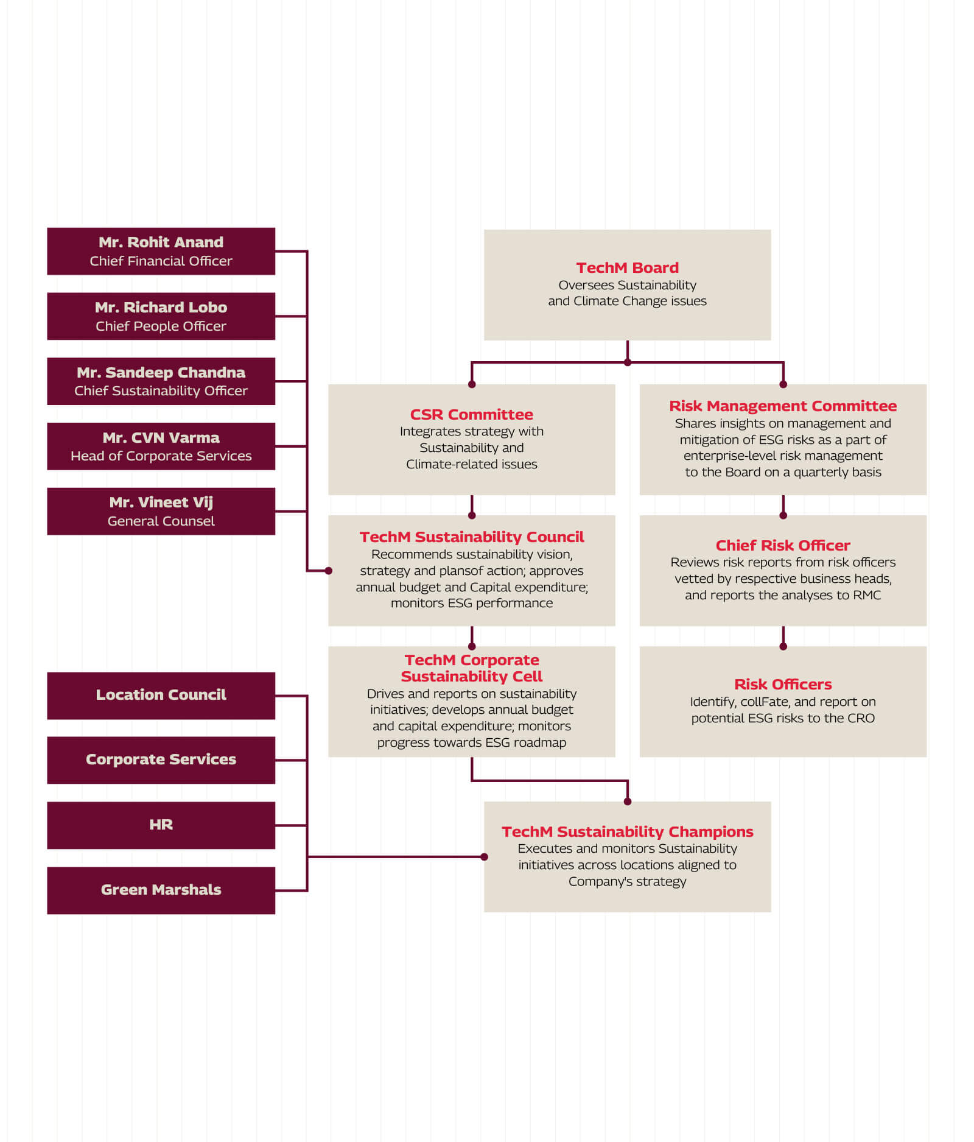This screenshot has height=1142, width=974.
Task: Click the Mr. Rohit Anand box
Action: pyautogui.click(x=161, y=251)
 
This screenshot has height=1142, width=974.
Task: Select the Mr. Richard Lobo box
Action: pyautogui.click(x=161, y=316)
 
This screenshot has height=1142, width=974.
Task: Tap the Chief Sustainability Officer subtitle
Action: pyautogui.click(x=161, y=390)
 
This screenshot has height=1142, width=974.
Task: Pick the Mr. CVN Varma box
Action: pyautogui.click(x=161, y=446)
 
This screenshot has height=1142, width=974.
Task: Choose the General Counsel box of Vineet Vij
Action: pyautogui.click(x=161, y=511)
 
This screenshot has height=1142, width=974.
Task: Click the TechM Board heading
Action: pyautogui.click(x=627, y=267)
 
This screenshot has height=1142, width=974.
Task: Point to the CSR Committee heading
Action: pyautogui.click(x=471, y=414)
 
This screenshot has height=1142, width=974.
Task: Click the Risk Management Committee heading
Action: pyautogui.click(x=783, y=406)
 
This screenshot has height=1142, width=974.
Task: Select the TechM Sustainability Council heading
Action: pyautogui.click(x=471, y=537)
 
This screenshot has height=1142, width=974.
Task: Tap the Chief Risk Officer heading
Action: pyautogui.click(x=783, y=545)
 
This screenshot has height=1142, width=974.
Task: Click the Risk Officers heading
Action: pyautogui.click(x=783, y=684)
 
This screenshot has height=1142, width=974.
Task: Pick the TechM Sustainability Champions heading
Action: pyautogui.click(x=627, y=831)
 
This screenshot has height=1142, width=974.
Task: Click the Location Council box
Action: pyautogui.click(x=161, y=695)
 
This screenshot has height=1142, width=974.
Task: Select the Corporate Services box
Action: pyautogui.click(x=161, y=760)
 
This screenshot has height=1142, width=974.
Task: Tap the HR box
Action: pyautogui.click(x=161, y=825)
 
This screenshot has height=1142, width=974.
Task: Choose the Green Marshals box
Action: pyautogui.click(x=161, y=890)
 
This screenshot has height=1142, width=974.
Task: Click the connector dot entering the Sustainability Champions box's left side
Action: pyautogui.click(x=484, y=857)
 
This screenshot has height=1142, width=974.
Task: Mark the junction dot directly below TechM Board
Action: pyautogui.click(x=628, y=362)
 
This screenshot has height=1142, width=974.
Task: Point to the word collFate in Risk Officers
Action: pyautogui.click(x=765, y=702)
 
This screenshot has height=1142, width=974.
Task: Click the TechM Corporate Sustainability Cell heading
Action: pyautogui.click(x=471, y=668)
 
